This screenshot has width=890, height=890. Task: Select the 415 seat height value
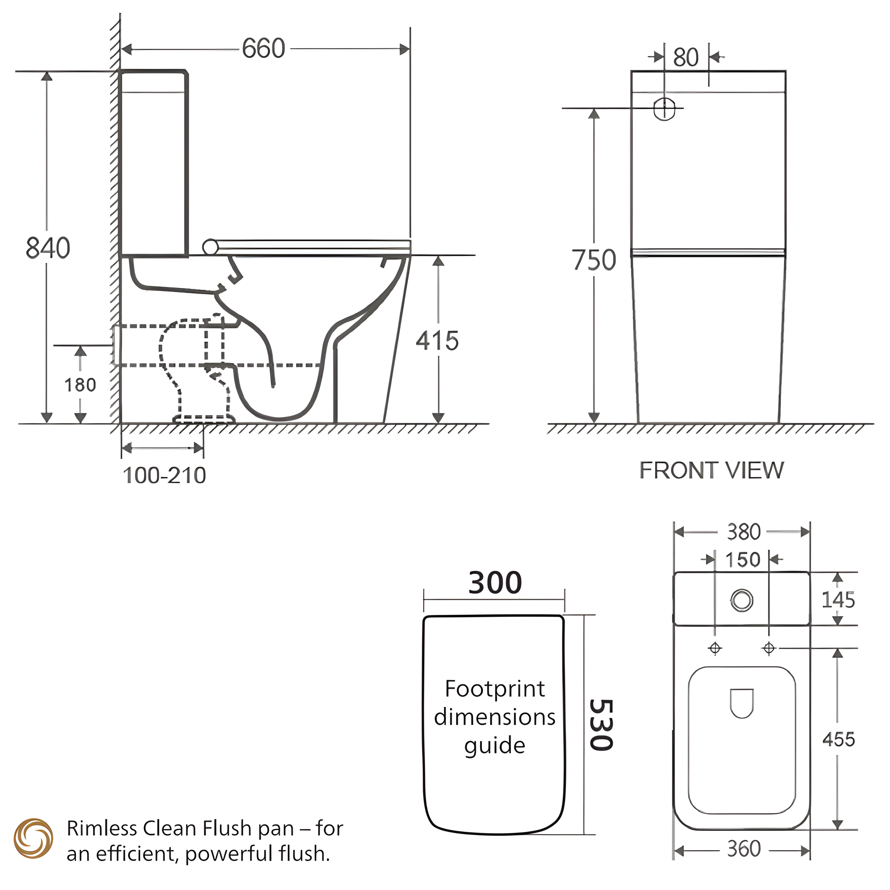pos(437,341)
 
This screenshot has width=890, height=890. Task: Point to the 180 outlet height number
pos(80,385)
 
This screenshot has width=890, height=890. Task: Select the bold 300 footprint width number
pos(495,583)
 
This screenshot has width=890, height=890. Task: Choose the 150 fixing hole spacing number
pos(742,560)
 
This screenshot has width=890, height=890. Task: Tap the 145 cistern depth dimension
pos(838,600)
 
